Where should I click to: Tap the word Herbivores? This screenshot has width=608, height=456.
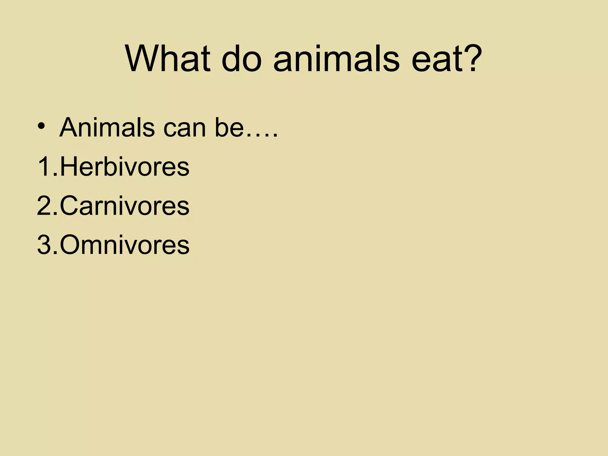coord(124,167)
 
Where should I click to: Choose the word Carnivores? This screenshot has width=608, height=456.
coord(124,206)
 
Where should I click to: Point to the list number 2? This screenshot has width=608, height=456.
coord(45,206)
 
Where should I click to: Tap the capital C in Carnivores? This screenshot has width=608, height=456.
coord(69,206)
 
